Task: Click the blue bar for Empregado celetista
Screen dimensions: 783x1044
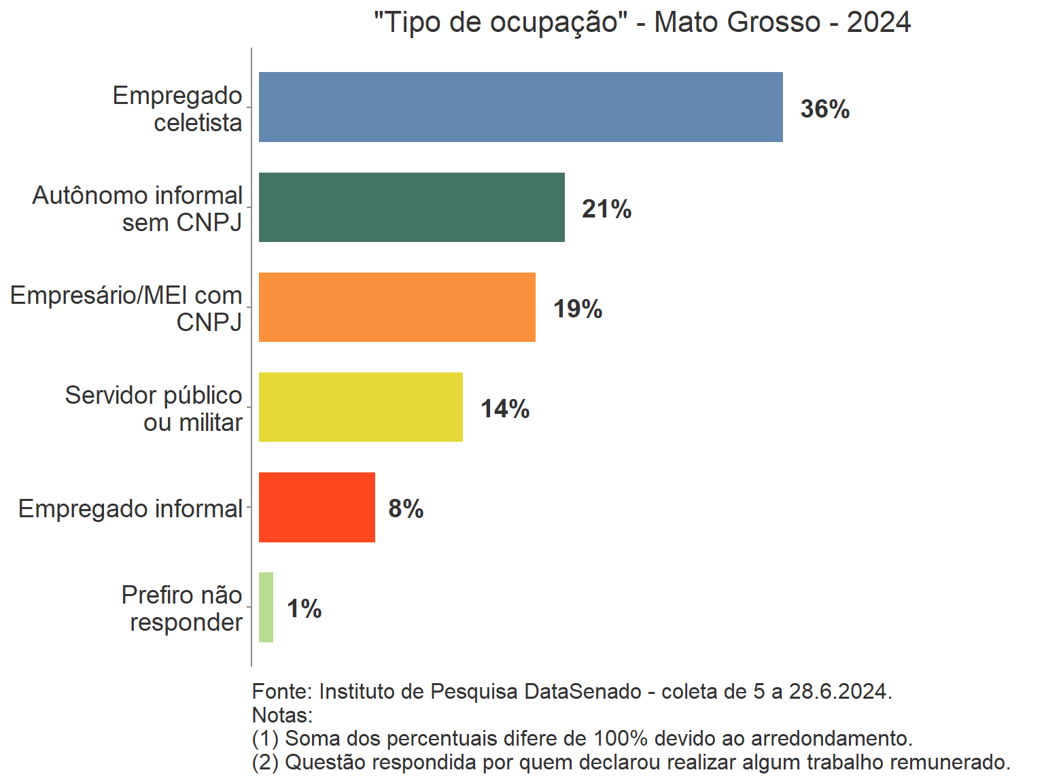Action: [x=521, y=107]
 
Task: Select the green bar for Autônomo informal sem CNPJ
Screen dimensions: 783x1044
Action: [x=411, y=207]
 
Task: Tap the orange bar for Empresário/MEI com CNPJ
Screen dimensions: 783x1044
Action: [x=397, y=307]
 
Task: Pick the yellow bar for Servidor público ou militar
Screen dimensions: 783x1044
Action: [x=360, y=407]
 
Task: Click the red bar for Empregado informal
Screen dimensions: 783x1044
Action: [x=317, y=507]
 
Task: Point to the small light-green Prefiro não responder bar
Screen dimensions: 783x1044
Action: [x=266, y=607]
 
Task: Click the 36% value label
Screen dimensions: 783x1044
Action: [x=824, y=109]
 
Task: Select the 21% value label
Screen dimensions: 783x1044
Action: [x=606, y=209]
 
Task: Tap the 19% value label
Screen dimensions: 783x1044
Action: [x=577, y=309]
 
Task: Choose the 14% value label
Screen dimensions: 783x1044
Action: [x=504, y=408]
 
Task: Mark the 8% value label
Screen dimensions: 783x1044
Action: [x=406, y=508]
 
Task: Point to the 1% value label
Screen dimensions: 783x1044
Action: [x=304, y=608]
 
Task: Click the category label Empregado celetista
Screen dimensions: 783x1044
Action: [x=178, y=109]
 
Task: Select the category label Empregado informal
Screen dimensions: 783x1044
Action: [x=130, y=508]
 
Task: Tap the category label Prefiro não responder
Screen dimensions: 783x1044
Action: [x=182, y=608]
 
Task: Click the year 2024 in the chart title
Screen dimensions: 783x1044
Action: [x=878, y=22]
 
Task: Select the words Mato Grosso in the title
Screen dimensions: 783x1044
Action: [x=737, y=22]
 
